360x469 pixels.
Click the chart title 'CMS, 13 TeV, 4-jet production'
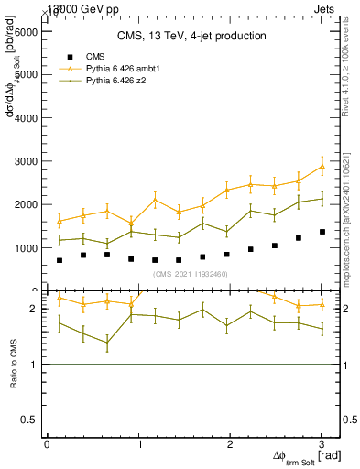[191, 36]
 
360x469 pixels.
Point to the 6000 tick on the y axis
[25, 31]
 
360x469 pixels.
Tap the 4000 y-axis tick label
[25, 118]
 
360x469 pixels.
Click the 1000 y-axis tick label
[25, 248]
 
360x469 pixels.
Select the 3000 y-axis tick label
[25, 161]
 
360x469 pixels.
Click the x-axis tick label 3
[322, 444]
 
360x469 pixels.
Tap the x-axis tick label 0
[47, 444]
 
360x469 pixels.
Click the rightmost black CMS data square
[322, 232]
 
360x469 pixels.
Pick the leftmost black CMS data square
[60, 260]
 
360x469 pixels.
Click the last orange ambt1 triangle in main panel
[322, 166]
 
